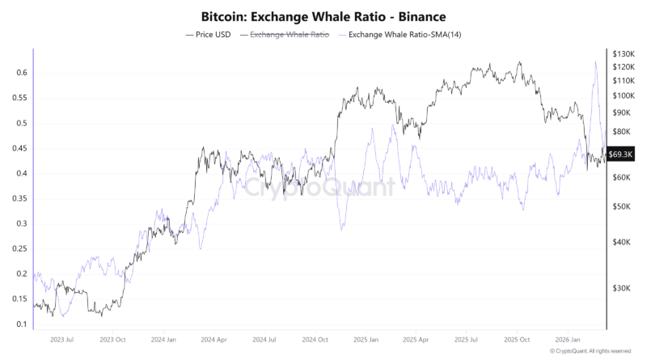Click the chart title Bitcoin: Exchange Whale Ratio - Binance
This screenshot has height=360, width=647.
[x=323, y=15]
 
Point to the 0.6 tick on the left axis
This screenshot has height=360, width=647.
[x=22, y=73]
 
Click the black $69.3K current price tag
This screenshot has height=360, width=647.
[x=620, y=155]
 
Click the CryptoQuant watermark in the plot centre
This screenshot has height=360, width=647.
[x=321, y=188]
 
